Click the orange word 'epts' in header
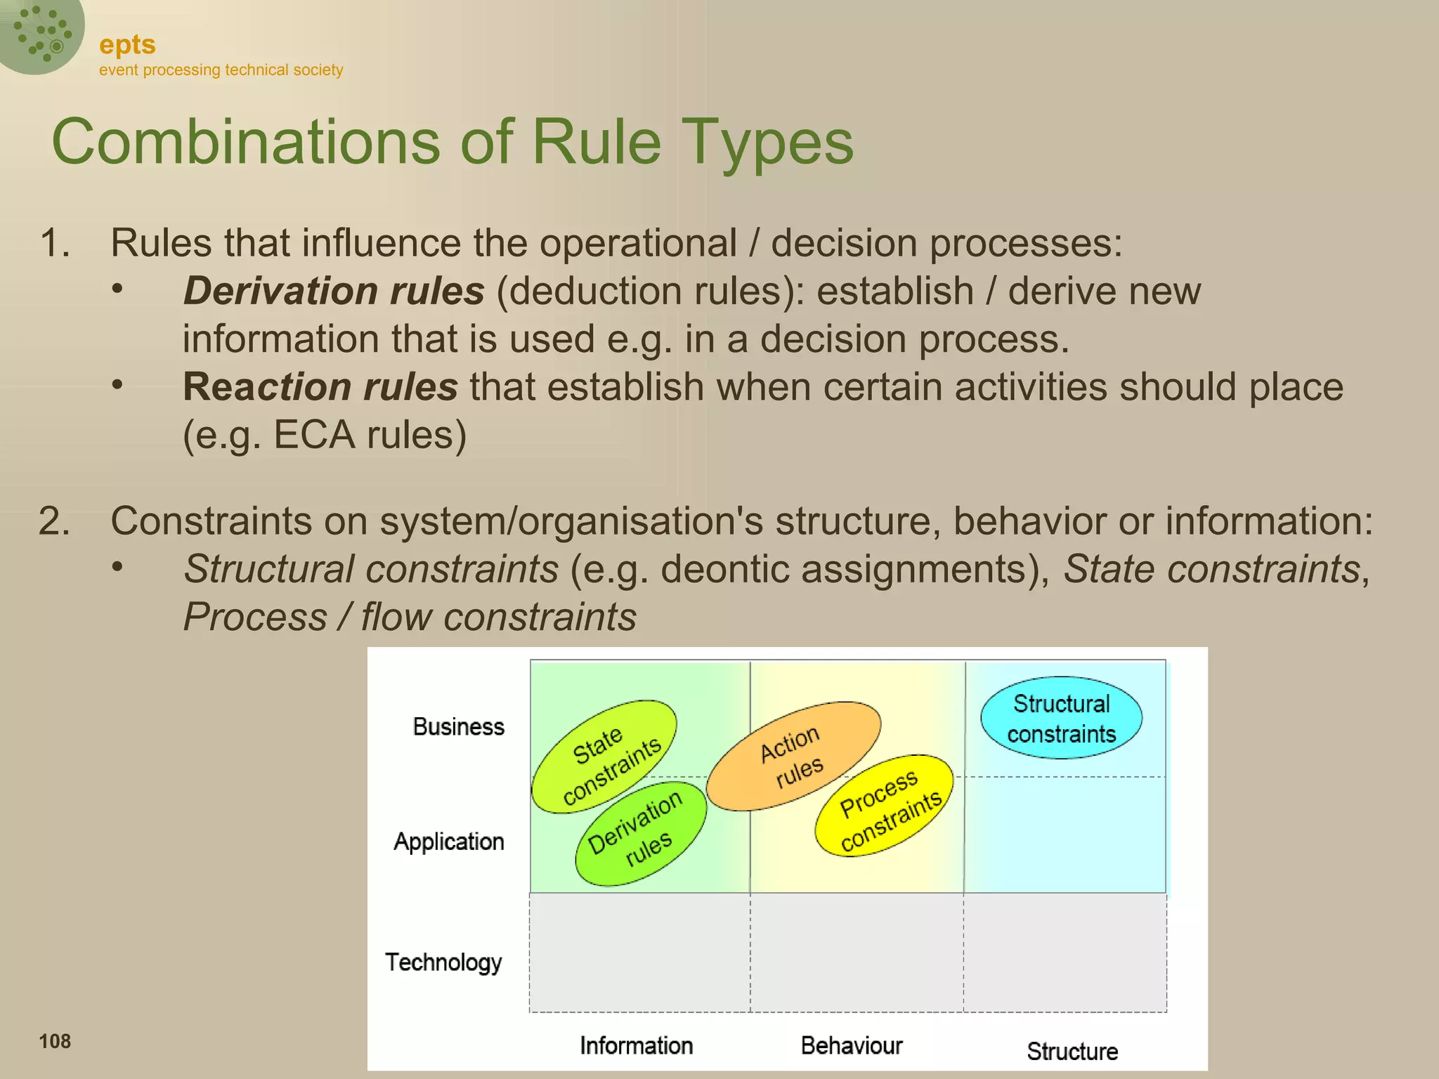click(x=127, y=45)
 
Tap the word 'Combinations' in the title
click(x=246, y=143)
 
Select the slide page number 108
click(x=55, y=1041)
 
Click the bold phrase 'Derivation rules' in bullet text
click(x=334, y=291)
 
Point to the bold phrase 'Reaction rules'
click(x=320, y=387)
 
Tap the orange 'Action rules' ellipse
click(x=793, y=756)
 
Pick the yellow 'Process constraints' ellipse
click(x=885, y=806)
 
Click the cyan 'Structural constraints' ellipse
click(x=1061, y=718)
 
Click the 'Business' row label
click(x=459, y=726)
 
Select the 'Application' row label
click(x=449, y=842)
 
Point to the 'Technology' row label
click(x=443, y=962)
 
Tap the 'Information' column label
click(x=636, y=1046)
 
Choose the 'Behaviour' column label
click(x=852, y=1046)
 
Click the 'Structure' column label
click(x=1072, y=1052)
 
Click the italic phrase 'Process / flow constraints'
click(x=410, y=617)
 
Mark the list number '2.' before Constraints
click(x=55, y=521)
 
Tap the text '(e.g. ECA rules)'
click(x=325, y=435)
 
